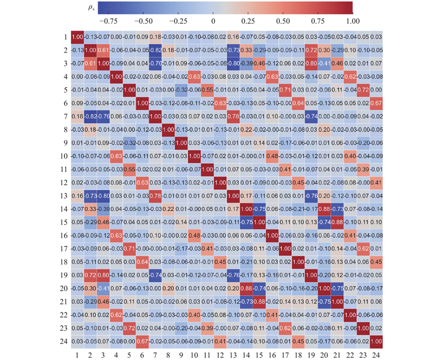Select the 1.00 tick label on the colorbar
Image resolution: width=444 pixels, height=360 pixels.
pyautogui.click(x=352, y=21)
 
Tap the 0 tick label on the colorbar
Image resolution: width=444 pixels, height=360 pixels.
pyautogui.click(x=213, y=21)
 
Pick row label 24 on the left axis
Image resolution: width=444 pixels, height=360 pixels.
pyautogui.click(x=65, y=339)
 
